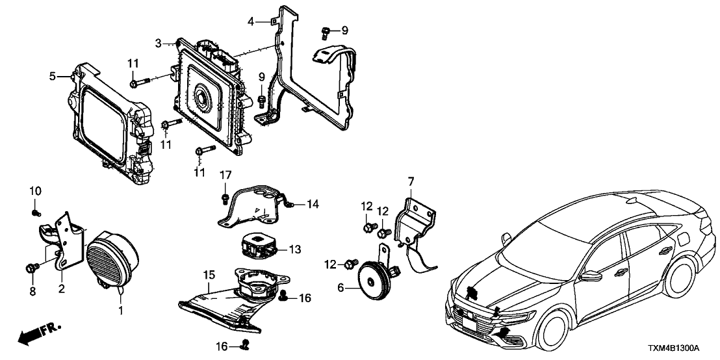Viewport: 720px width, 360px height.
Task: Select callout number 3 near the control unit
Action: tap(158, 44)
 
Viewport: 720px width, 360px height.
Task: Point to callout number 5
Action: tap(53, 77)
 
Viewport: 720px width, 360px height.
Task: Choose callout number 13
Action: tap(295, 249)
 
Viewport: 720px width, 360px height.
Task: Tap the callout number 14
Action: tap(313, 205)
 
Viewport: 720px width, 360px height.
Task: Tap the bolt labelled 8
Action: tap(31, 268)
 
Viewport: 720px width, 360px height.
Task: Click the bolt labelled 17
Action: tap(225, 197)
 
